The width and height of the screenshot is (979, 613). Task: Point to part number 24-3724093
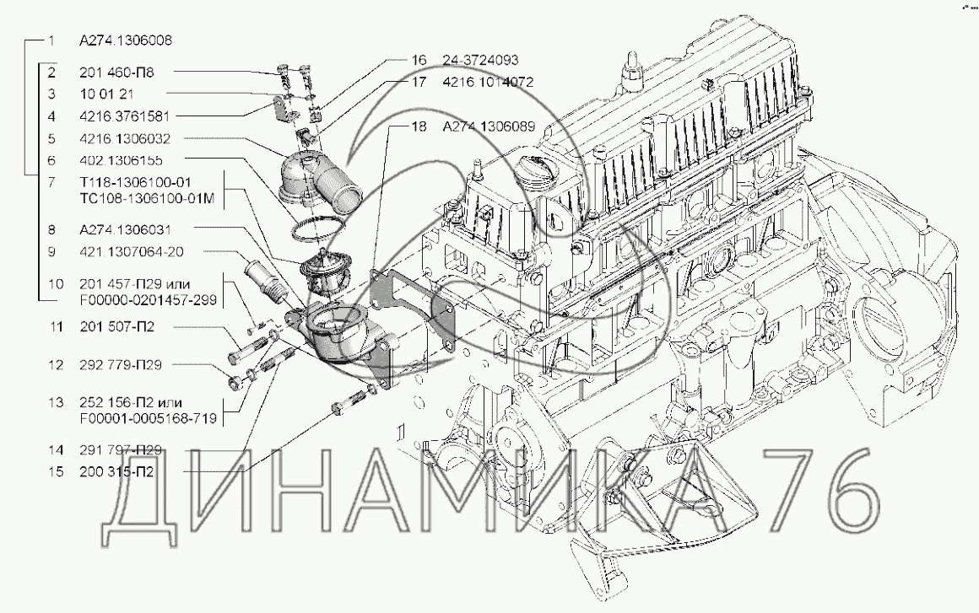coord(479,61)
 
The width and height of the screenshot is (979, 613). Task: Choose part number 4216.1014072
coord(487,83)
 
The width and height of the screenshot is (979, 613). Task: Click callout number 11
coord(56,325)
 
